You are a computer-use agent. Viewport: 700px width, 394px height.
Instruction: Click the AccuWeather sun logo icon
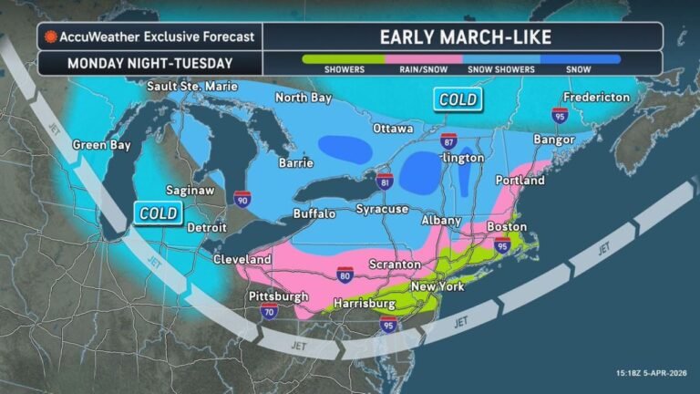(51, 37)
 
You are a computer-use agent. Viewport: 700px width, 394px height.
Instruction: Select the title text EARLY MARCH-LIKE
(461, 37)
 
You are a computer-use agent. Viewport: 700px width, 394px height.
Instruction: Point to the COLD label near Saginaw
(156, 213)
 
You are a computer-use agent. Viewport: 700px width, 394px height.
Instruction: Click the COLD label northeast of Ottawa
(458, 98)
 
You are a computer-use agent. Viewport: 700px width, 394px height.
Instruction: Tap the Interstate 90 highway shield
(241, 197)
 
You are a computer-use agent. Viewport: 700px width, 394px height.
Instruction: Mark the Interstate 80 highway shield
(345, 274)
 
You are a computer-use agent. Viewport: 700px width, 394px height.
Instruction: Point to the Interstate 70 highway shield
(269, 311)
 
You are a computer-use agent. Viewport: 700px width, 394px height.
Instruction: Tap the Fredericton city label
(596, 97)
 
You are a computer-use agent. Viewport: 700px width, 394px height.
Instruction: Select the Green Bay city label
(101, 145)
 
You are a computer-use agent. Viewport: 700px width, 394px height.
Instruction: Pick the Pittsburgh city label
(278, 297)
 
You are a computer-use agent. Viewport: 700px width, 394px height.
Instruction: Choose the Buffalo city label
(314, 213)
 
